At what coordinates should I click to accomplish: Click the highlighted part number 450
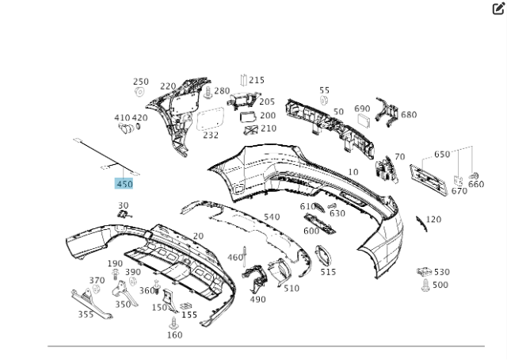tap(124, 184)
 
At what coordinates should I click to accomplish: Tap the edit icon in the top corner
tap(498, 9)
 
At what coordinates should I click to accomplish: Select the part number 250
tap(140, 82)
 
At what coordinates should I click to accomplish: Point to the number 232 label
tap(210, 136)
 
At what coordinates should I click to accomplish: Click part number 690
tap(362, 109)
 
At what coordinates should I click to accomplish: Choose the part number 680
tap(408, 115)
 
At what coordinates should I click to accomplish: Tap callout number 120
tap(433, 220)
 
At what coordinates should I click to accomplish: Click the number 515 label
tap(328, 272)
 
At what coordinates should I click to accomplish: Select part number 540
tap(272, 216)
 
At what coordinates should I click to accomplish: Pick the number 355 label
tap(86, 314)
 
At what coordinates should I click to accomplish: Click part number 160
tap(174, 335)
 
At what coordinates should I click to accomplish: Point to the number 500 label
tap(440, 285)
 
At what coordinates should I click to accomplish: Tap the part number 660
tap(476, 184)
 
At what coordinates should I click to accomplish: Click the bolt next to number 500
tap(425, 284)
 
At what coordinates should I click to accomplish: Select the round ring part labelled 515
tap(325, 255)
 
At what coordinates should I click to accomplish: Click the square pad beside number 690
tap(364, 121)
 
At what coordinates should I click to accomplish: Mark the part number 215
tap(257, 80)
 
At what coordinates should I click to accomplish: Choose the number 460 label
tap(235, 257)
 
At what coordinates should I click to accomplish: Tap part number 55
tap(324, 90)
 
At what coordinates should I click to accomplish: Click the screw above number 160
tap(173, 322)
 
